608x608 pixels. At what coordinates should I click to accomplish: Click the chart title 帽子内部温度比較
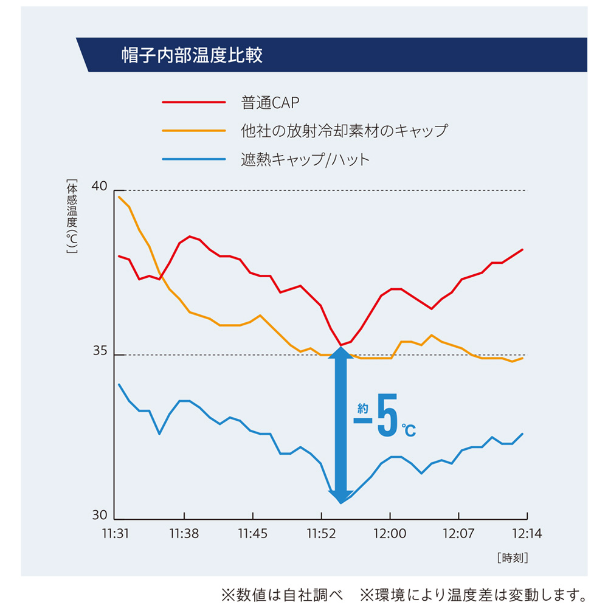point(192,55)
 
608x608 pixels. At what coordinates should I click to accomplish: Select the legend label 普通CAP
point(271,103)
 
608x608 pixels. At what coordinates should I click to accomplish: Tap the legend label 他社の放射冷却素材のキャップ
point(344,131)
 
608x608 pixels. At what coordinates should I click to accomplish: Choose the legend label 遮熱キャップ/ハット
point(305,160)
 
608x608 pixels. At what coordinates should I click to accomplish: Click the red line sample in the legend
point(193,102)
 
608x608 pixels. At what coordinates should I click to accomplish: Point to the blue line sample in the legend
point(193,160)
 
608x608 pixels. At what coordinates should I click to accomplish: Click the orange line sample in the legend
point(193,131)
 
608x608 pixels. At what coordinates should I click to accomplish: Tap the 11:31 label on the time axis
point(116,534)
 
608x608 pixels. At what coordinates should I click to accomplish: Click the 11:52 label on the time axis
point(321,534)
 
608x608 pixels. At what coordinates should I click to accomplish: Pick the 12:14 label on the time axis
point(527,534)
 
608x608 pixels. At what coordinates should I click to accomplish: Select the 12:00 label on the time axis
point(390,534)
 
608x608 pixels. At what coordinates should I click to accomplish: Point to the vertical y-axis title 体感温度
point(72,216)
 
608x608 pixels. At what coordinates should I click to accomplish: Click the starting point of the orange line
point(119,197)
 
